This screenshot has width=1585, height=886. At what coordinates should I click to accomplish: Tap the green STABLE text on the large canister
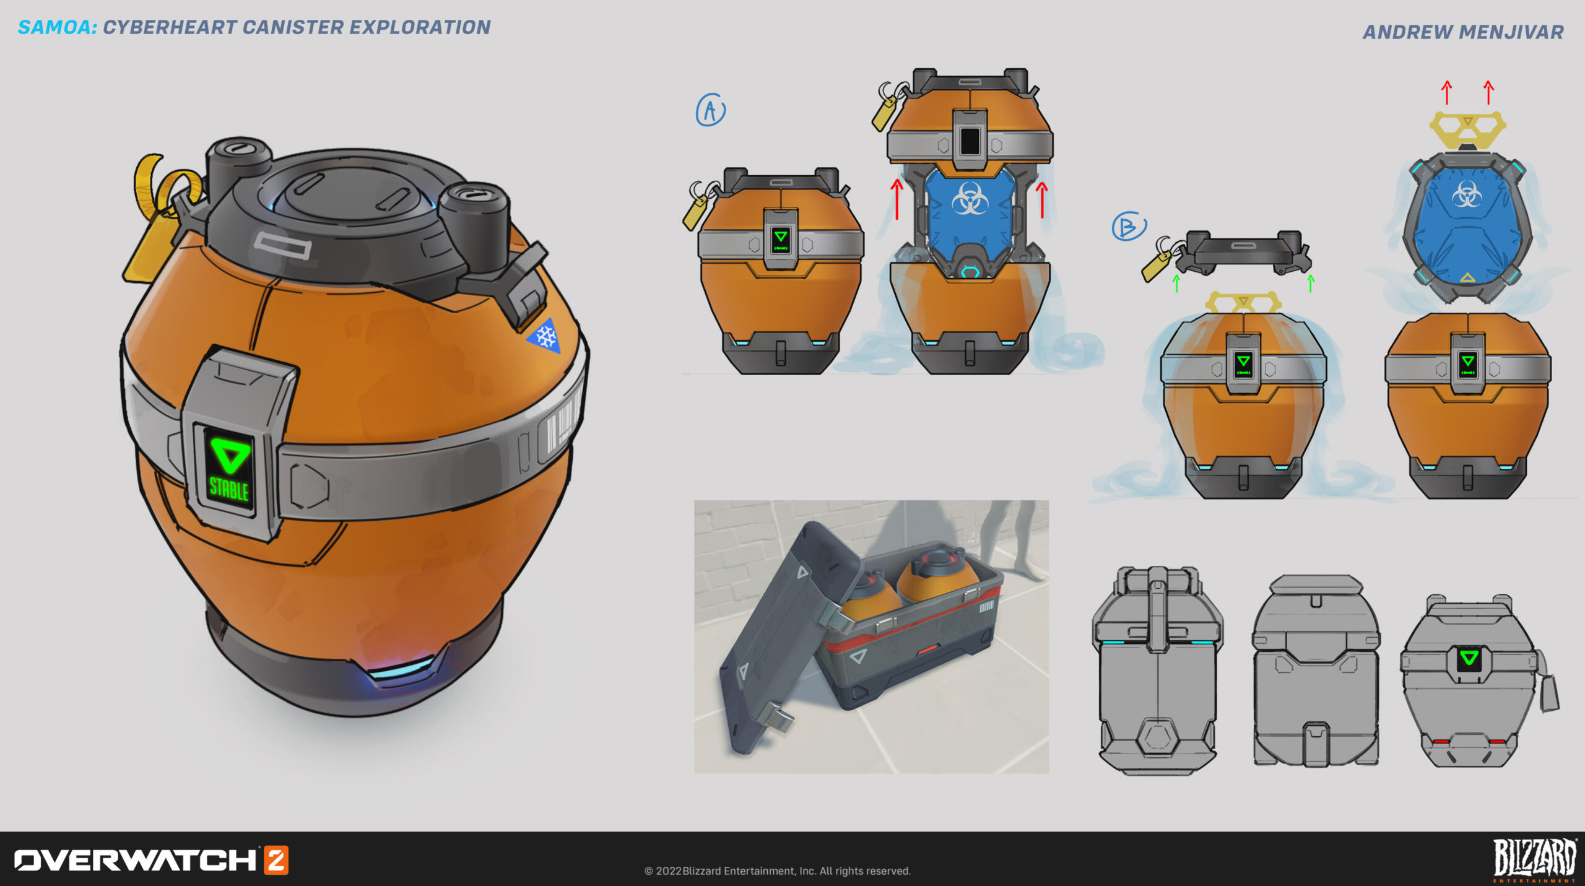click(228, 489)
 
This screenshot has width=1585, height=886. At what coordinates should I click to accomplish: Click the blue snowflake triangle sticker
click(545, 337)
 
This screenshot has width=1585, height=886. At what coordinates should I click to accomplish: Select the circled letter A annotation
click(710, 110)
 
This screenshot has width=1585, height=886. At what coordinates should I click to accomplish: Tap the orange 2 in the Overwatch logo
click(276, 860)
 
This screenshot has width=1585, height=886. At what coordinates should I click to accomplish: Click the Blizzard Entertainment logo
click(1534, 860)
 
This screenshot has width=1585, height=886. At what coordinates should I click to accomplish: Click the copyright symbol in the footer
click(648, 871)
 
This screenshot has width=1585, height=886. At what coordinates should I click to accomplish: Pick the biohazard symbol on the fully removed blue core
click(1467, 194)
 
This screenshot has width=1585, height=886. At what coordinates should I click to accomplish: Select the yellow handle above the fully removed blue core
click(1467, 128)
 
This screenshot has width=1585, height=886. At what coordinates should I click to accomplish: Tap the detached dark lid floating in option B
click(1243, 252)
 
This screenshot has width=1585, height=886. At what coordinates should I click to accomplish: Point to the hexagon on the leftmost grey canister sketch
click(1157, 737)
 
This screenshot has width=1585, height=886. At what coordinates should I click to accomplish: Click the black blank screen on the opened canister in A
click(970, 141)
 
